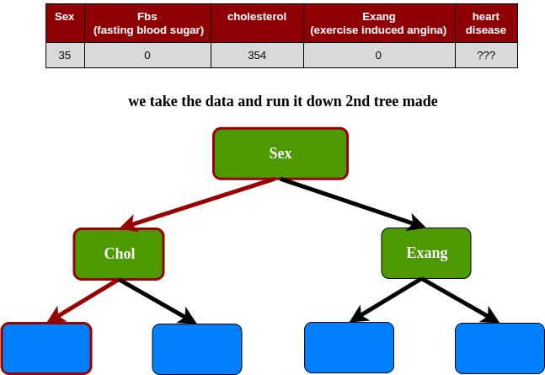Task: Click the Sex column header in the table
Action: click(x=64, y=16)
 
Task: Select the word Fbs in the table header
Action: click(x=147, y=16)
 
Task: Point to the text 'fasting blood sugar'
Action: click(x=148, y=30)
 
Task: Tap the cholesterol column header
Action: click(x=257, y=16)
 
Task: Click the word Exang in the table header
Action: click(x=378, y=16)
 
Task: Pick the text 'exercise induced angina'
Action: click(x=378, y=30)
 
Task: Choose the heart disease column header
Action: click(x=486, y=23)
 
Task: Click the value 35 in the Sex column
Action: click(x=64, y=56)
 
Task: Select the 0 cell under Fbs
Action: click(x=147, y=56)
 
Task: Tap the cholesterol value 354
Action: click(x=257, y=56)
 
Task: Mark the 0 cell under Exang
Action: click(x=378, y=56)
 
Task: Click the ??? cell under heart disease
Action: click(x=486, y=56)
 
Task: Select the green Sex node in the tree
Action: click(x=281, y=153)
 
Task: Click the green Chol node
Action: click(x=119, y=254)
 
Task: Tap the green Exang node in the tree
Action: click(x=426, y=253)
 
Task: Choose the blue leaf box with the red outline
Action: click(x=46, y=348)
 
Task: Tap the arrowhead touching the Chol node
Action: click(x=129, y=225)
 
